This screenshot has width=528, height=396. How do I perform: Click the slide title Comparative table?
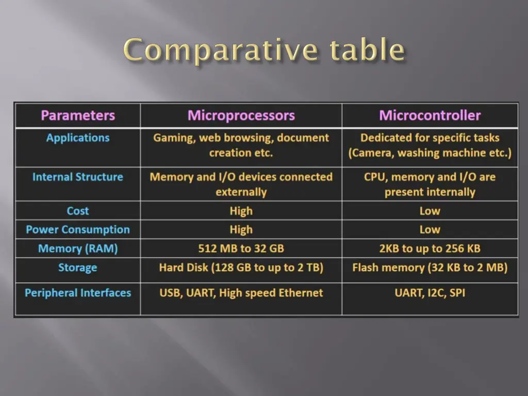[264, 51]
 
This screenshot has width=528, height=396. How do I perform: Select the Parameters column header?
[78, 115]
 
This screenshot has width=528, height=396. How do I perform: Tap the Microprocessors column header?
[241, 115]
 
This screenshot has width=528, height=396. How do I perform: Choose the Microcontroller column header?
[430, 115]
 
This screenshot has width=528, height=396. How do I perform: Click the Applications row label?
[78, 138]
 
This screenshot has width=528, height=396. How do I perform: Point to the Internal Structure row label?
[78, 177]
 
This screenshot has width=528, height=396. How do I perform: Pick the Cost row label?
[78, 211]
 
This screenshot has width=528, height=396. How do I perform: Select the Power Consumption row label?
[78, 229]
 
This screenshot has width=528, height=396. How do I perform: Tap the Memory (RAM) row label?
[78, 249]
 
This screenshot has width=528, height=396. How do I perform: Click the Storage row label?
[78, 268]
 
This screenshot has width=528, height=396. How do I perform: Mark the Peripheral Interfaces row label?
[78, 293]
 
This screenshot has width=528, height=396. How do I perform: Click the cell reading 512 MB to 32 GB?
[241, 249]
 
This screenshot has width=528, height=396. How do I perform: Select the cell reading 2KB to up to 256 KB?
[430, 249]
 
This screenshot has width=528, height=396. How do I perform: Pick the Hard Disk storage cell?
[241, 268]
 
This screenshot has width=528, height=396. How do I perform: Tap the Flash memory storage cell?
[430, 268]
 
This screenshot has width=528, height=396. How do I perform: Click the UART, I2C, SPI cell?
[430, 293]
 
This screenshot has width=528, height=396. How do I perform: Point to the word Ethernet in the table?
[301, 293]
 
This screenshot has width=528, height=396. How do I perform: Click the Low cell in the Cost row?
[430, 211]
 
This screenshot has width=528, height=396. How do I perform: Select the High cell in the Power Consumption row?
[241, 229]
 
